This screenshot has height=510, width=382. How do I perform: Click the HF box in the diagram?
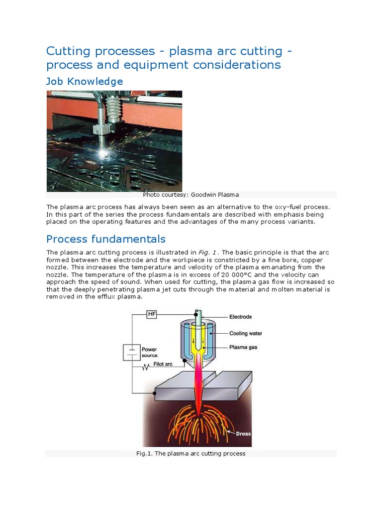(152, 315)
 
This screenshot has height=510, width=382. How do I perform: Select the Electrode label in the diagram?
(240, 317)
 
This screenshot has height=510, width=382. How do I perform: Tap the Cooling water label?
(245, 334)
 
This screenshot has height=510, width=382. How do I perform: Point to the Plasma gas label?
(243, 347)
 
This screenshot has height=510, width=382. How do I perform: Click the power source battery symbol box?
(132, 353)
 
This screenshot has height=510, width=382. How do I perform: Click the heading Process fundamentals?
(106, 239)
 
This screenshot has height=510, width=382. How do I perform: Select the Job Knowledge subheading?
(85, 81)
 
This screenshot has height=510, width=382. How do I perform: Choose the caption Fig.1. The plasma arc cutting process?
(191, 454)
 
